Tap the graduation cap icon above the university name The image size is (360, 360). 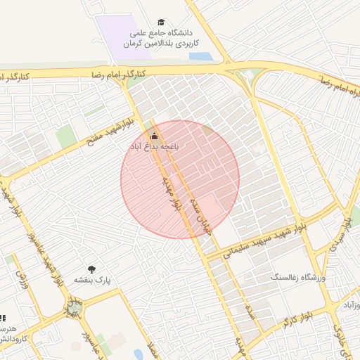pyautogui.click(x=162, y=23)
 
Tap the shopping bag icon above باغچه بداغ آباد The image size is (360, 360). pyautogui.click(x=155, y=136)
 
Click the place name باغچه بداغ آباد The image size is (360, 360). pyautogui.click(x=154, y=146)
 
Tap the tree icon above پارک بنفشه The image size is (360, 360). pyautogui.click(x=91, y=269)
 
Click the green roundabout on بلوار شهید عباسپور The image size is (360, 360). pyautogui.click(x=74, y=308)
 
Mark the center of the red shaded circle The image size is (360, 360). pyautogui.click(x=180, y=179)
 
